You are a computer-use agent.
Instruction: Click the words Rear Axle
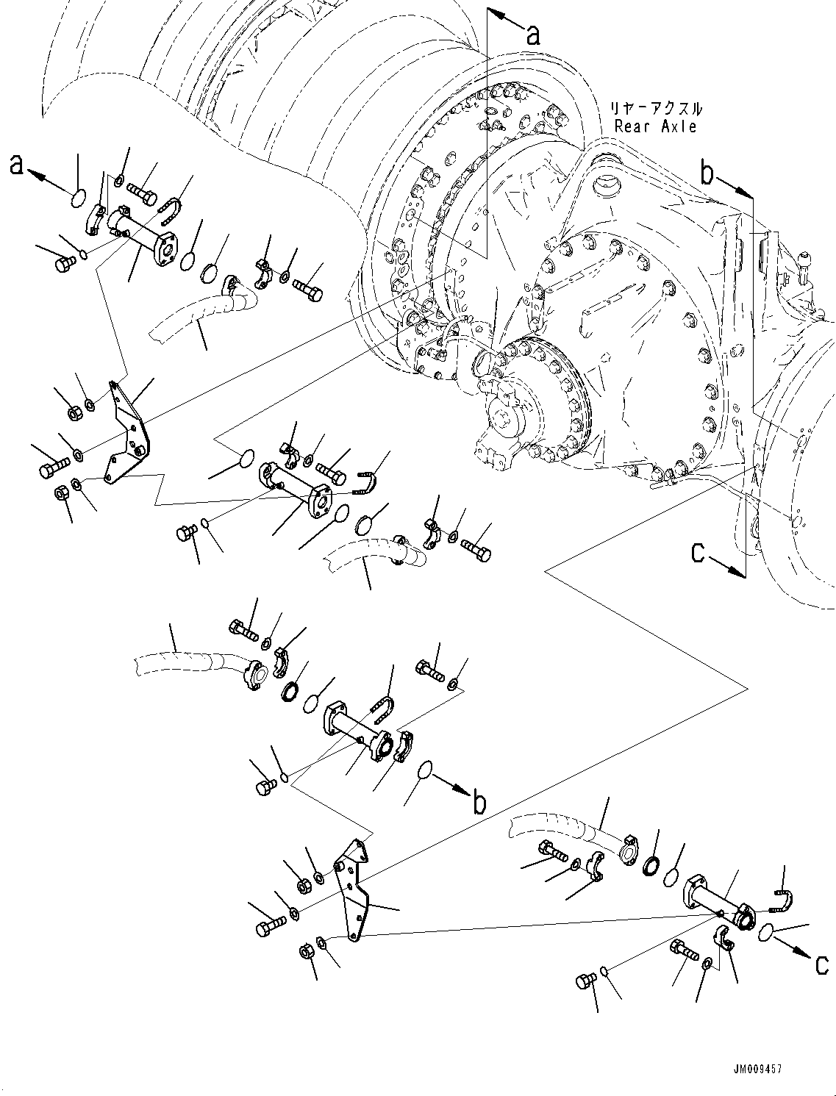click(656, 126)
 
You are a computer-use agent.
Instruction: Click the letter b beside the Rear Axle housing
click(707, 173)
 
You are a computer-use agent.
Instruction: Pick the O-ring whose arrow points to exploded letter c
click(765, 931)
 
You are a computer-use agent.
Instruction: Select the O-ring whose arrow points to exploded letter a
click(79, 196)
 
